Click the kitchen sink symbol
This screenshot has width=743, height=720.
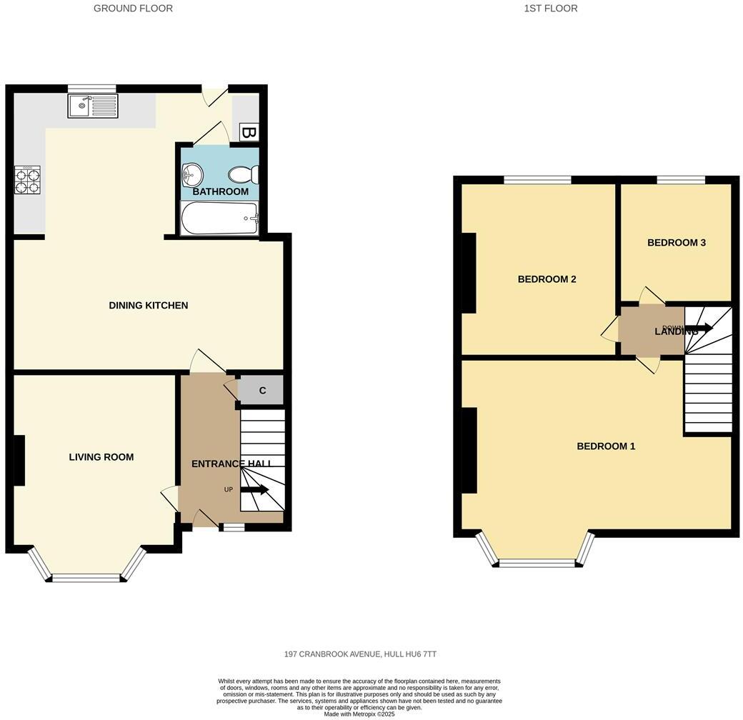93,106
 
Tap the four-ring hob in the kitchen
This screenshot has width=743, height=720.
28,179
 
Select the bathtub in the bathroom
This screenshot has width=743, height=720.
219,218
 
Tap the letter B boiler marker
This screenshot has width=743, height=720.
248,132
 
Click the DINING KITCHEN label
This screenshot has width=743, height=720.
148,306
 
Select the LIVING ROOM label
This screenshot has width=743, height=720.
101,457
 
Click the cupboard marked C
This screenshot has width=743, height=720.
262,391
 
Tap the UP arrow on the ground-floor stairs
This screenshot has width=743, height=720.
254,489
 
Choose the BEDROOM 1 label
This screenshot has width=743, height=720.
606,446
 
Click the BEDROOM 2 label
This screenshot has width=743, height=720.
547,279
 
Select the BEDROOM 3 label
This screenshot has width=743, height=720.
676,243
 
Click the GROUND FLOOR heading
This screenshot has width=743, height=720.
133,9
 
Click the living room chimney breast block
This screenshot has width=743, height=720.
19,460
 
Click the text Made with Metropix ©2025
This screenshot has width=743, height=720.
359,714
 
